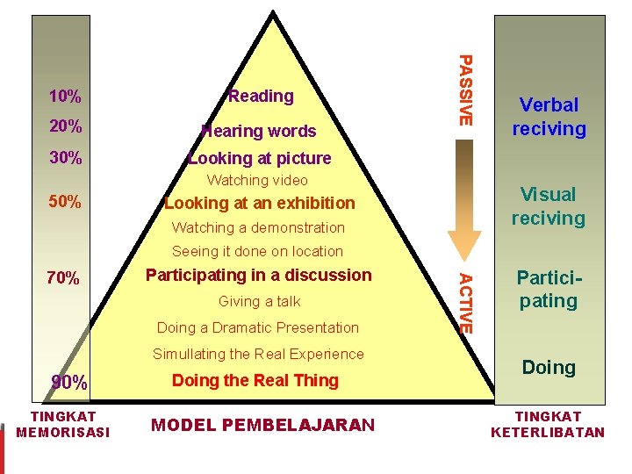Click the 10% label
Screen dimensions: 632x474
[x=65, y=96]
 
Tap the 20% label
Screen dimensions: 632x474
[x=66, y=126]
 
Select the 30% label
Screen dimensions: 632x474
[x=66, y=159]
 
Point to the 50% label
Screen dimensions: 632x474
[x=66, y=203]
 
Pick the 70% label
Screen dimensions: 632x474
[x=63, y=279]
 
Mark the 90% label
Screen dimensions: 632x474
[x=68, y=383]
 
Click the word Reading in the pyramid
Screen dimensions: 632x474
[x=261, y=96]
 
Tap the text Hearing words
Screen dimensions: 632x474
[x=258, y=132]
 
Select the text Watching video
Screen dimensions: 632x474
[x=257, y=181]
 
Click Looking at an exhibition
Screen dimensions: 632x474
[x=260, y=203]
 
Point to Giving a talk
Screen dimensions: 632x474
[x=259, y=302]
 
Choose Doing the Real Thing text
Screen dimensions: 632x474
[x=255, y=380]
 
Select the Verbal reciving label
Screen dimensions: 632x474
[x=549, y=117]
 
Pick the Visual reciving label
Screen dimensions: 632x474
[x=549, y=206]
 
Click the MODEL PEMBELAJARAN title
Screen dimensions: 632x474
[x=263, y=426]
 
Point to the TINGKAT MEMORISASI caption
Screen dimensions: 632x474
[x=63, y=424]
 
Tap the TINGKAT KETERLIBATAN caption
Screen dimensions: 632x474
[x=549, y=424]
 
